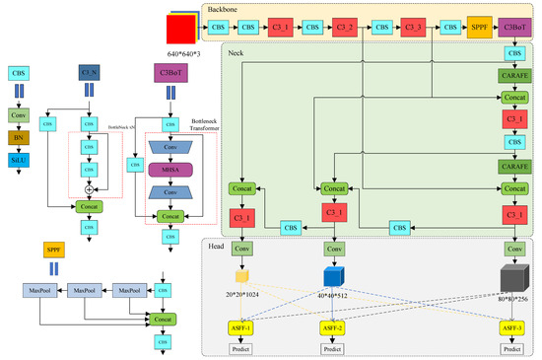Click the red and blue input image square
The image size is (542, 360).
point(182,29)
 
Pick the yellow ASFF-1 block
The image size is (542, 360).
point(241,327)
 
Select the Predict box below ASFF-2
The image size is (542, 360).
point(331,348)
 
